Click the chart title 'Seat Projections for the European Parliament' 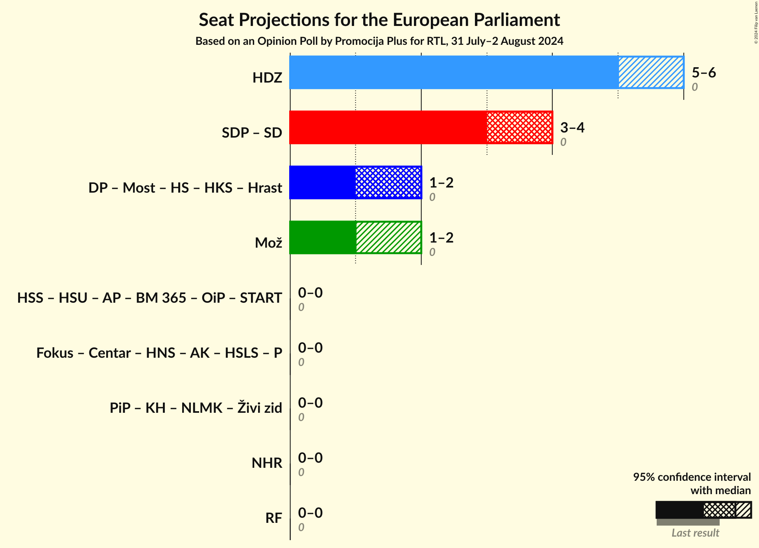(379, 20)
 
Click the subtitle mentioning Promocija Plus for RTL (379, 41)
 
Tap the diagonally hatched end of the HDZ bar (651, 72)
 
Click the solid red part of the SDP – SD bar (388, 127)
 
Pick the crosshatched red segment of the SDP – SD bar (519, 127)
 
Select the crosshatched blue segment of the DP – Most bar (388, 182)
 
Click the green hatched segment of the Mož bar (388, 237)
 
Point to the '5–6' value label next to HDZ (704, 72)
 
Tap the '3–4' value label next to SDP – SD (572, 127)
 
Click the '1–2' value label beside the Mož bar (441, 237)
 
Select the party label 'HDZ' (267, 78)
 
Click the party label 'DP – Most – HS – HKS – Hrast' (185, 188)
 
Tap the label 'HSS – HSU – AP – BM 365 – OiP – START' (150, 298)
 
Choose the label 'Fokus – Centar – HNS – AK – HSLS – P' (159, 353)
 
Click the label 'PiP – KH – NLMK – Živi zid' (196, 408)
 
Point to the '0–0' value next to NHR (310, 458)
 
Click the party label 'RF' (273, 518)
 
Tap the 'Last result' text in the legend (695, 533)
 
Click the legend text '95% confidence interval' (691, 477)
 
